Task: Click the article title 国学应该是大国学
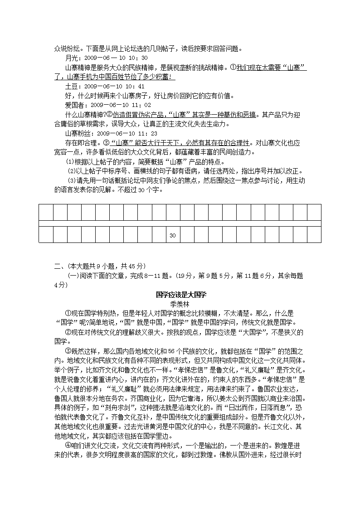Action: [180, 295]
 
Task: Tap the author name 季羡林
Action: [180, 304]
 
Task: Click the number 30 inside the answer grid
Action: [172, 236]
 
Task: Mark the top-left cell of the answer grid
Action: [46, 212]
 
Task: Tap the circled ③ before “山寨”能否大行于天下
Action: [107, 143]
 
